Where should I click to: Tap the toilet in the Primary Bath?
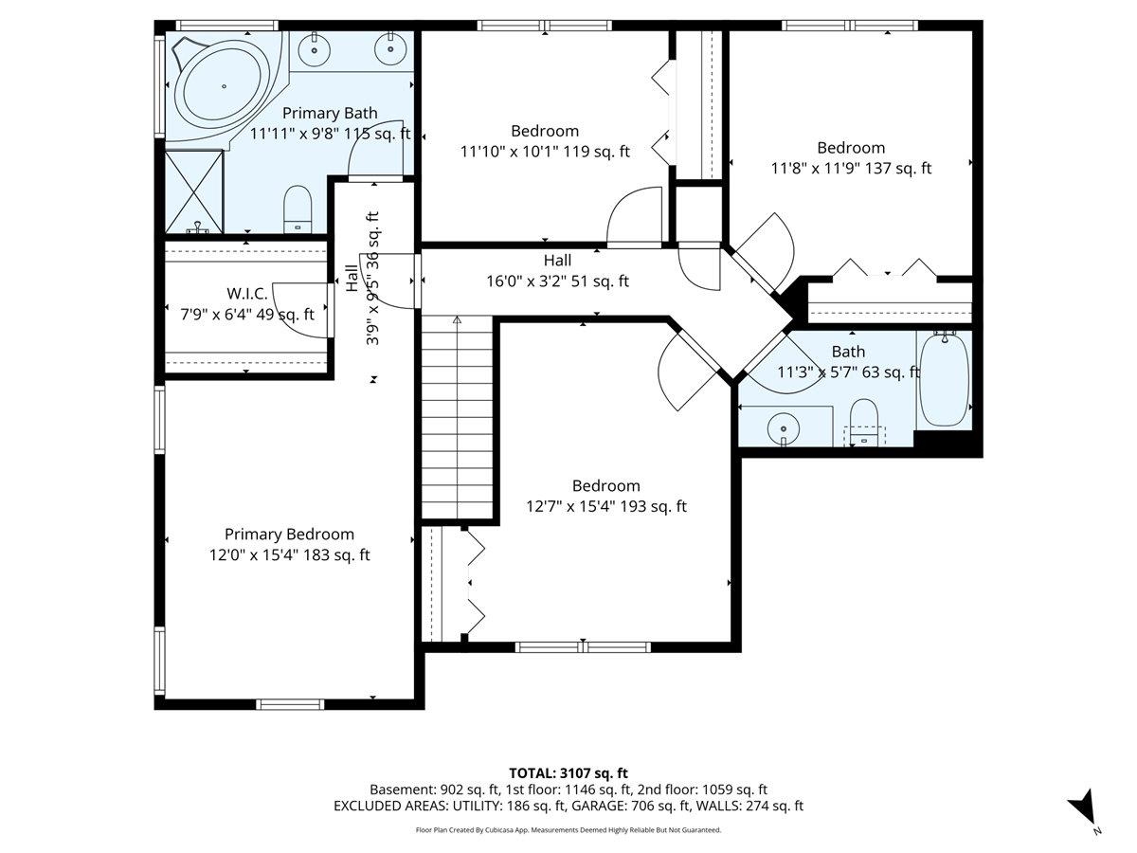[x=298, y=209]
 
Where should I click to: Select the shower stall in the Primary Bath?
[x=194, y=191]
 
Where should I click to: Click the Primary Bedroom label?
[x=290, y=534]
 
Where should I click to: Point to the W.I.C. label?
[x=247, y=294]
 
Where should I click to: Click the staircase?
[x=457, y=417]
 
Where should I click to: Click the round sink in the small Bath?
[x=784, y=428]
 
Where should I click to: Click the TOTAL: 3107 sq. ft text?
[x=568, y=773]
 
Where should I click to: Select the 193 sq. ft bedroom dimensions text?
[x=606, y=506]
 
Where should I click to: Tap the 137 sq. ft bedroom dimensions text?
[x=851, y=169]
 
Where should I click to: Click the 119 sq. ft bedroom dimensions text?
[x=545, y=152]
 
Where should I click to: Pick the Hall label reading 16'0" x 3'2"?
[x=557, y=270]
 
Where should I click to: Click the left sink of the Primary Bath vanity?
[x=314, y=49]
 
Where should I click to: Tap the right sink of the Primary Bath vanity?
[x=390, y=49]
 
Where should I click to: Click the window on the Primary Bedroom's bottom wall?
[x=290, y=704]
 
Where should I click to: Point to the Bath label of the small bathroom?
[x=848, y=352]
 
